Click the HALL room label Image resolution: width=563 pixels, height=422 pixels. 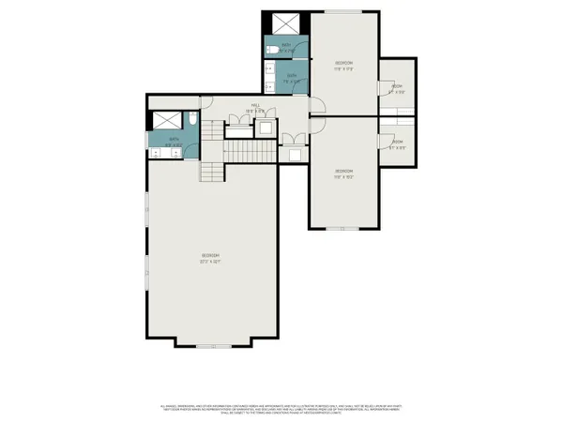click(x=255, y=107)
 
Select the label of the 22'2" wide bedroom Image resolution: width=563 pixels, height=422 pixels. click(x=208, y=258)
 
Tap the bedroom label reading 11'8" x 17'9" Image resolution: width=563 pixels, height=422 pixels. click(x=343, y=65)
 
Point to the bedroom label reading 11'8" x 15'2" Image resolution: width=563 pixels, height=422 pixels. click(x=343, y=173)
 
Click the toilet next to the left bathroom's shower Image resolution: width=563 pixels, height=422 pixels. click(x=190, y=120)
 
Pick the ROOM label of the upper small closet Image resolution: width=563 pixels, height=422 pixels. click(x=397, y=89)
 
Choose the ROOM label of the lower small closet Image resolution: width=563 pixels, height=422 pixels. click(x=397, y=145)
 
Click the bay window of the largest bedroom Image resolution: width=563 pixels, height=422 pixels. click(x=211, y=346)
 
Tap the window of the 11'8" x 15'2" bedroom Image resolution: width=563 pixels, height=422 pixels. click(x=342, y=228)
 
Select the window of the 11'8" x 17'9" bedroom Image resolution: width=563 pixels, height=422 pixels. click(x=343, y=12)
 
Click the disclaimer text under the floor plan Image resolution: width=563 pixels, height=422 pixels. click(x=281, y=408)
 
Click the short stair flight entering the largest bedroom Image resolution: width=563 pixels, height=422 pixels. click(x=211, y=171)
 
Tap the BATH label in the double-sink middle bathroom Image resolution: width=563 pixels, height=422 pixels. click(x=292, y=77)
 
